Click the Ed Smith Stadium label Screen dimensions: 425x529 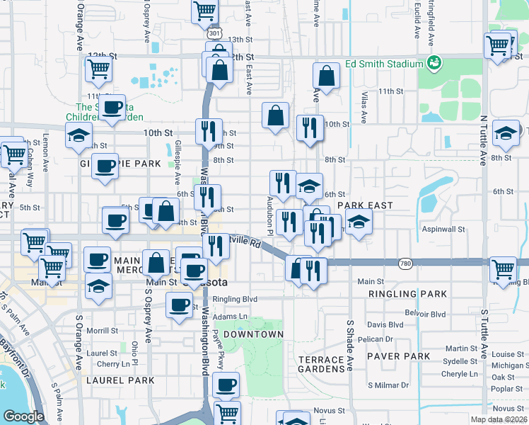coord(384,64)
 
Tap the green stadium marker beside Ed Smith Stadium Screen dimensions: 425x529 coord(434,64)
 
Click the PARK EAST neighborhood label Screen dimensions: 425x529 coord(365,205)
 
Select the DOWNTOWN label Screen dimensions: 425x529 coord(253,334)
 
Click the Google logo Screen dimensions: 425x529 coord(23,416)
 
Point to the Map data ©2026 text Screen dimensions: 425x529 coord(499,419)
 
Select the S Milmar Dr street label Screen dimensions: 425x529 coord(390,385)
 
